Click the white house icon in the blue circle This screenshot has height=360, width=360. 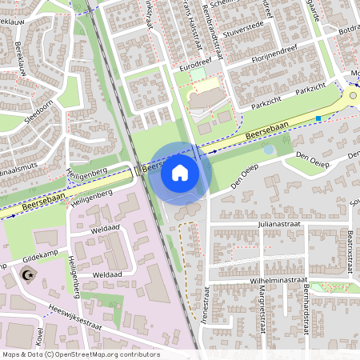180,172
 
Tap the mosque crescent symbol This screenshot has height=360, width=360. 29,276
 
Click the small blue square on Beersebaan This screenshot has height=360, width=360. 318,119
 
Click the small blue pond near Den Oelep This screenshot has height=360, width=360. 270,149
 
